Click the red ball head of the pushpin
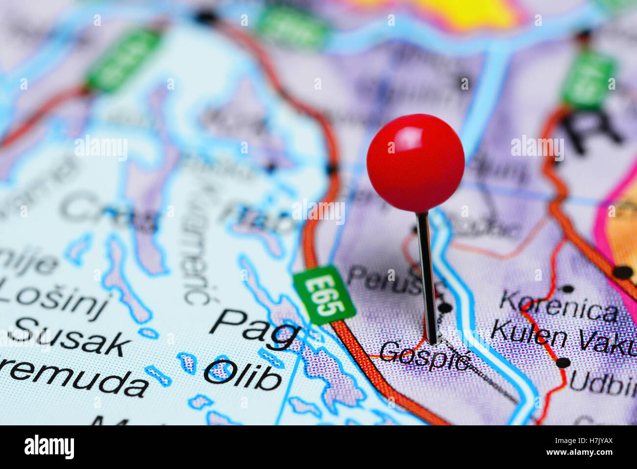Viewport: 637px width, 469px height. (x=415, y=163)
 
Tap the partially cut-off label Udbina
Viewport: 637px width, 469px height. (x=603, y=384)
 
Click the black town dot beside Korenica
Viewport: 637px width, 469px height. (x=567, y=289)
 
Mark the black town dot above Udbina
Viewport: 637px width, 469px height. (x=563, y=363)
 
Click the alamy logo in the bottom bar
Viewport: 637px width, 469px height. (x=49, y=447)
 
